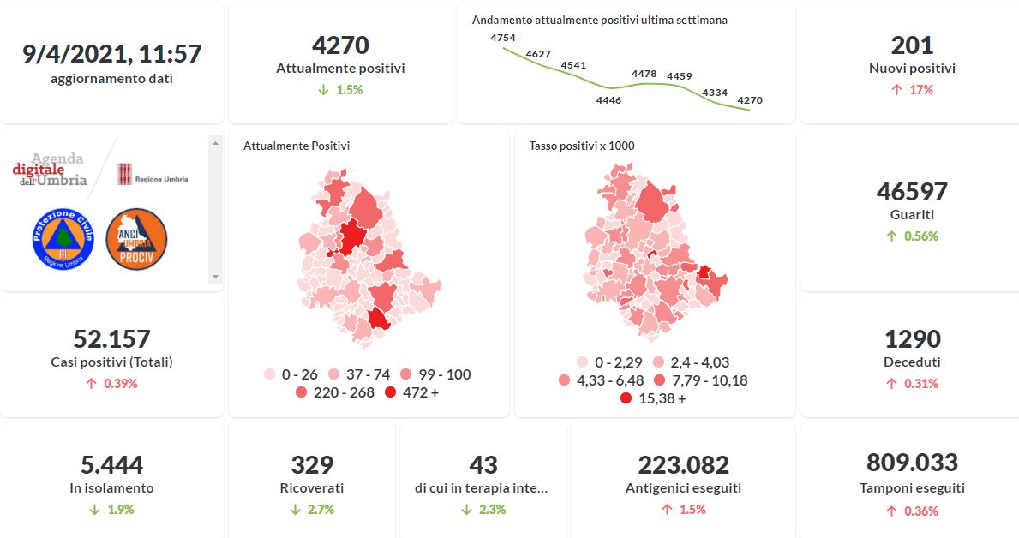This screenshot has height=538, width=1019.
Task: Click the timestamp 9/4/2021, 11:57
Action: click(111, 53)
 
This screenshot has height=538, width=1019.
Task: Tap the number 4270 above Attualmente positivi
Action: click(340, 45)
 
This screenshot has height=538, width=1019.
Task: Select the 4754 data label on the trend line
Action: click(503, 38)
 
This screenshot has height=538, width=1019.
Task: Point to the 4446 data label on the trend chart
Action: click(608, 100)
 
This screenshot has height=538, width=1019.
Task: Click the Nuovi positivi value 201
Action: click(912, 45)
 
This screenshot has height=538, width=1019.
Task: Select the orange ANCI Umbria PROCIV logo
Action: click(136, 239)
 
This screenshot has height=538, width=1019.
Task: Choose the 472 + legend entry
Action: click(414, 392)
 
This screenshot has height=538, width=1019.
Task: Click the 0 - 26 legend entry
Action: click(291, 374)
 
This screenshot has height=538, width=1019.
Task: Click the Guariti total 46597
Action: click(912, 191)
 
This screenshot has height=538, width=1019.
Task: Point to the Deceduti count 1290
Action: click(912, 338)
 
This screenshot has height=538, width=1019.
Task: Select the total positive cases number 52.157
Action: click(111, 338)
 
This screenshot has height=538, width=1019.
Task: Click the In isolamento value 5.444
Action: click(111, 465)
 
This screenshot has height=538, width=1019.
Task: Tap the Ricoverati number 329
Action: click(312, 465)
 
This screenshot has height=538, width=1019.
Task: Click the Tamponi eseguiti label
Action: click(912, 487)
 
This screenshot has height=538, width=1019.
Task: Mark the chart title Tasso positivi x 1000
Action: click(582, 146)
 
